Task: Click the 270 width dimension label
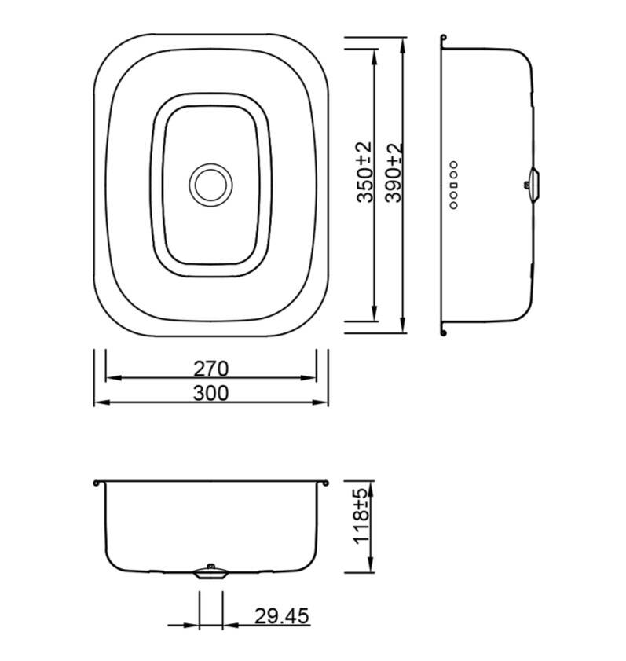pyautogui.click(x=210, y=368)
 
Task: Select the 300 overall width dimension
pyautogui.click(x=210, y=392)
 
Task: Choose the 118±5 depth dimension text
pyautogui.click(x=361, y=516)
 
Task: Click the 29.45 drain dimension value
pyautogui.click(x=281, y=615)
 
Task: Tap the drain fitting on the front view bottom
pyautogui.click(x=210, y=571)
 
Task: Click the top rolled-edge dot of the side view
pyautogui.click(x=444, y=37)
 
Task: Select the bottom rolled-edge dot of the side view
pyautogui.click(x=444, y=332)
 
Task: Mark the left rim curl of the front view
pyautogui.click(x=96, y=482)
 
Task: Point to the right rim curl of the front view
pyautogui.click(x=323, y=482)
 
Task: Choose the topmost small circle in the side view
pyautogui.click(x=454, y=164)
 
